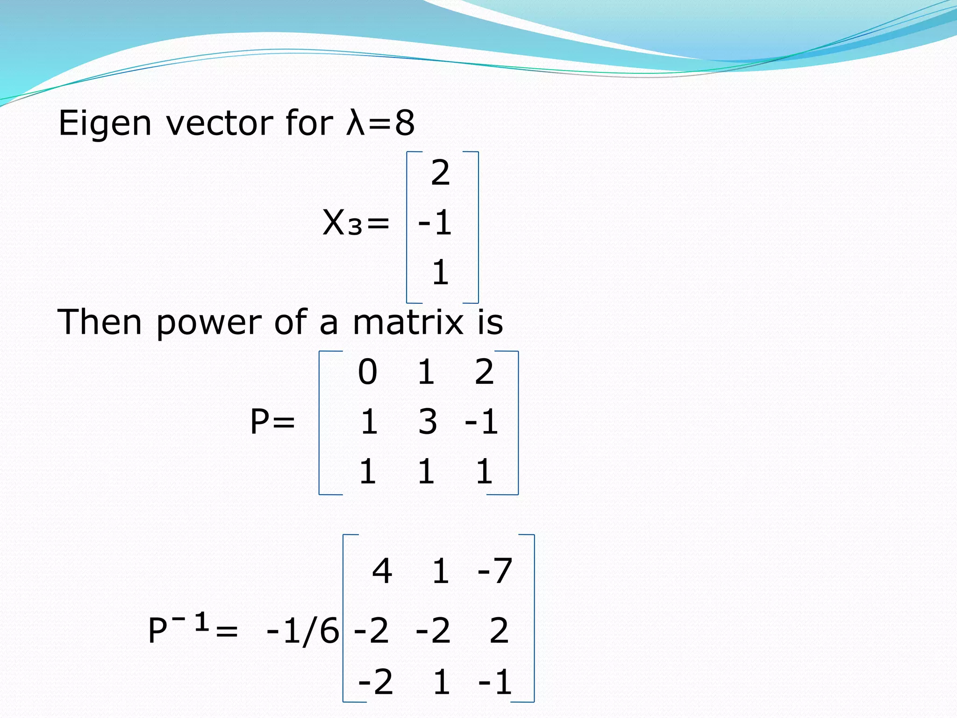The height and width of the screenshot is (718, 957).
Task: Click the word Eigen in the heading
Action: click(105, 123)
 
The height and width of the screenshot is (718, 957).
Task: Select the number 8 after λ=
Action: click(405, 123)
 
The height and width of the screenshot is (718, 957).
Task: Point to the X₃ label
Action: click(343, 223)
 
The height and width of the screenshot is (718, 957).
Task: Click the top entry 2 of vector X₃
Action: click(440, 173)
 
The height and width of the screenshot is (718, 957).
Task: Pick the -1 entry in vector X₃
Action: click(435, 223)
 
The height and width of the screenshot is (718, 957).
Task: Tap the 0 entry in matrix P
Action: click(367, 372)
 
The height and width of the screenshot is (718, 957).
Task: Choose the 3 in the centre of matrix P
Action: click(427, 422)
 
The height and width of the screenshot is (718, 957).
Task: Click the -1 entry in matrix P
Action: click(481, 422)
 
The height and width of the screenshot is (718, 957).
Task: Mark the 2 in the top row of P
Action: click(484, 372)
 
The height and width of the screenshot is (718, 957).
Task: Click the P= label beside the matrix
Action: click(272, 422)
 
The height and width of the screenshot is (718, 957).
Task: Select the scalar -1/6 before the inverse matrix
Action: click(302, 631)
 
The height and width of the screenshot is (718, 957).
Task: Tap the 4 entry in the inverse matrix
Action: click(382, 571)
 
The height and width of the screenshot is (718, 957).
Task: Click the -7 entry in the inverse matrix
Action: click(495, 571)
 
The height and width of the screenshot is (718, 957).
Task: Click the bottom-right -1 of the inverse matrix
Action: click(495, 682)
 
